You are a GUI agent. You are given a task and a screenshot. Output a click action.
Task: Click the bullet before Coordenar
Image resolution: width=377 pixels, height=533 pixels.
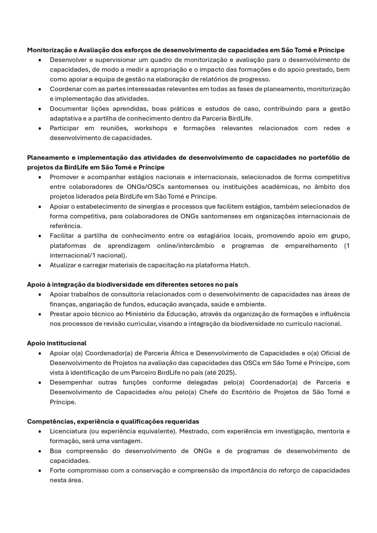[39, 89]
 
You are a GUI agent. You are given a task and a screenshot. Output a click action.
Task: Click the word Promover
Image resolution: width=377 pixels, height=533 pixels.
[65, 177]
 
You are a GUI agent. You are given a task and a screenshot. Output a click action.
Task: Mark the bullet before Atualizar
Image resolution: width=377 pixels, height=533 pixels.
[39, 265]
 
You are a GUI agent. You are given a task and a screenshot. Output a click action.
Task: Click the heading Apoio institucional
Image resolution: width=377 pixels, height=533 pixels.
[57, 343]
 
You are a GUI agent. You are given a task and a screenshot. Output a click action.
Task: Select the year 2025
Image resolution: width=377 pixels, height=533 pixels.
[226, 372]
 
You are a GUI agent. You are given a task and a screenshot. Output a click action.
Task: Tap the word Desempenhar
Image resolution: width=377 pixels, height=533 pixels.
[71, 382]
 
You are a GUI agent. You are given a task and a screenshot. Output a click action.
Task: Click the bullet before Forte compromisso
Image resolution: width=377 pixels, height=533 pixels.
[39, 470]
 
